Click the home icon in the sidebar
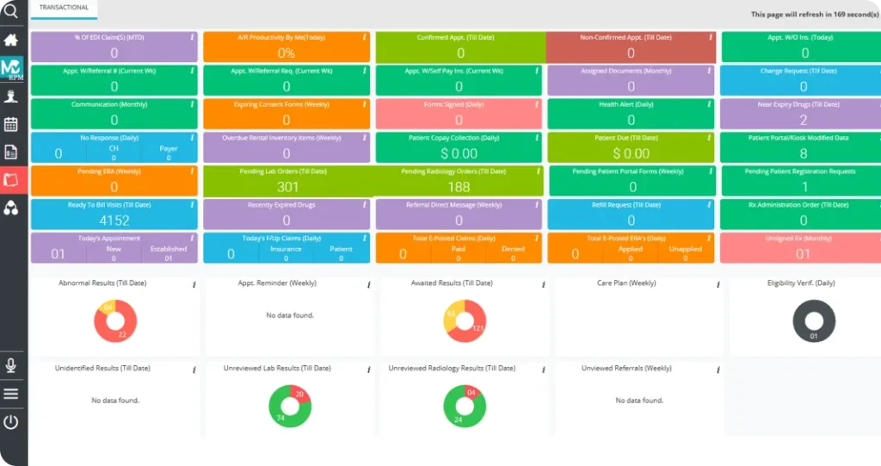11,40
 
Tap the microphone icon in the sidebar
11,365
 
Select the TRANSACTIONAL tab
64,8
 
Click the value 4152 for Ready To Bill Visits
114,221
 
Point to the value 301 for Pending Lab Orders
287,187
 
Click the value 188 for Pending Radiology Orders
459,187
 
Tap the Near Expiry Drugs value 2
804,121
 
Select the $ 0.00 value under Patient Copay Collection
459,153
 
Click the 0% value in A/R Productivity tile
286,53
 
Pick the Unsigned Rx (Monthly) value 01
803,253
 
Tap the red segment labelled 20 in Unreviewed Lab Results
298,395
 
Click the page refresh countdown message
812,15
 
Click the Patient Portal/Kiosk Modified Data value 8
804,153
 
